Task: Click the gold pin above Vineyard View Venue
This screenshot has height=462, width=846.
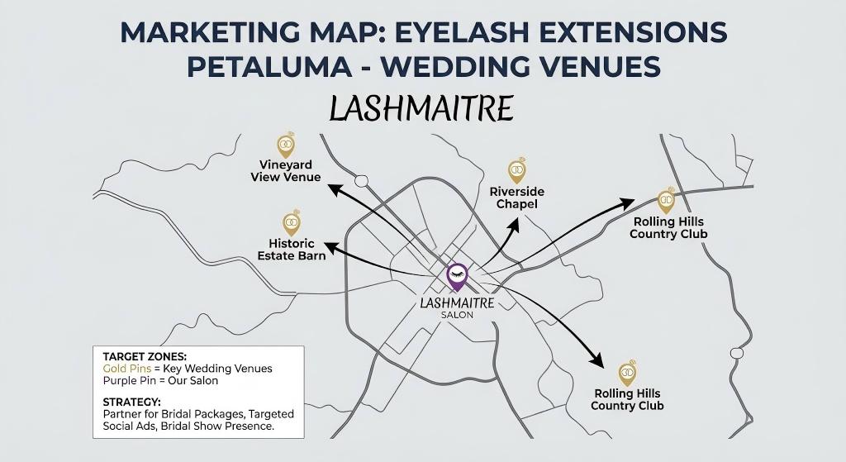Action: pyautogui.click(x=286, y=145)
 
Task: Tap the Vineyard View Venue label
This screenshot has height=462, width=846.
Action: pyautogui.click(x=285, y=171)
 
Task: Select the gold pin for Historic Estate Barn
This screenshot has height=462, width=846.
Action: pyautogui.click(x=291, y=222)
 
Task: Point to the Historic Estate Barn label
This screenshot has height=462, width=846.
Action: pyautogui.click(x=292, y=249)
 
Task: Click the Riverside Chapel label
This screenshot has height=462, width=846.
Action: pyautogui.click(x=517, y=198)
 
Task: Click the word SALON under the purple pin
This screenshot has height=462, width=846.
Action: pyautogui.click(x=457, y=315)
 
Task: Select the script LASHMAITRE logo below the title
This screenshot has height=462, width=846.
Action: pyautogui.click(x=421, y=108)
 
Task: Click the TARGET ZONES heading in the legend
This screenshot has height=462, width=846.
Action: pyautogui.click(x=145, y=356)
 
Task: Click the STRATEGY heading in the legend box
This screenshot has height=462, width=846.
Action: pyautogui.click(x=132, y=402)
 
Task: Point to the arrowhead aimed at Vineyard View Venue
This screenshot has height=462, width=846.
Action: pyautogui.click(x=335, y=189)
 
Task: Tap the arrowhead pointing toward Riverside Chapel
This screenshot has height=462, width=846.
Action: pyautogui.click(x=516, y=223)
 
